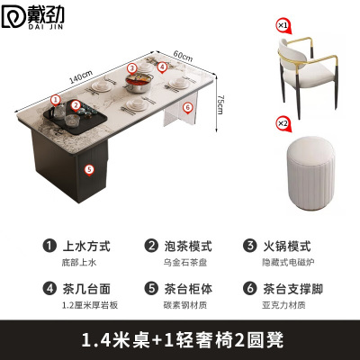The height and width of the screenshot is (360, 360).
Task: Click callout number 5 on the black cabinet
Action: click(x=88, y=168)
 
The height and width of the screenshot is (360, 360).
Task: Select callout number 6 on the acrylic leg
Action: click(x=186, y=106)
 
